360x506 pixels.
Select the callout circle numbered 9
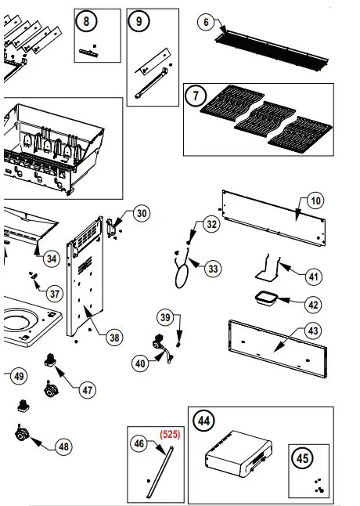[x=139, y=22]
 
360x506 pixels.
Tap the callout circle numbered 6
[x=207, y=23]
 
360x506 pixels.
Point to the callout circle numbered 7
[x=194, y=97]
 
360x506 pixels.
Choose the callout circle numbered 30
[x=140, y=213]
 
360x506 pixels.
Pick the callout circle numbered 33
[x=214, y=268]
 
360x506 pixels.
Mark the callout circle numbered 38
[x=114, y=338]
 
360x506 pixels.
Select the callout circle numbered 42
[x=313, y=305]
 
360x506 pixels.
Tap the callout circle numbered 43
[x=313, y=331]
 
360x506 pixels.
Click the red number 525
[x=171, y=433]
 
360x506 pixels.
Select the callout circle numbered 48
[x=63, y=446]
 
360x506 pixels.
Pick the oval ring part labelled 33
[x=182, y=278]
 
